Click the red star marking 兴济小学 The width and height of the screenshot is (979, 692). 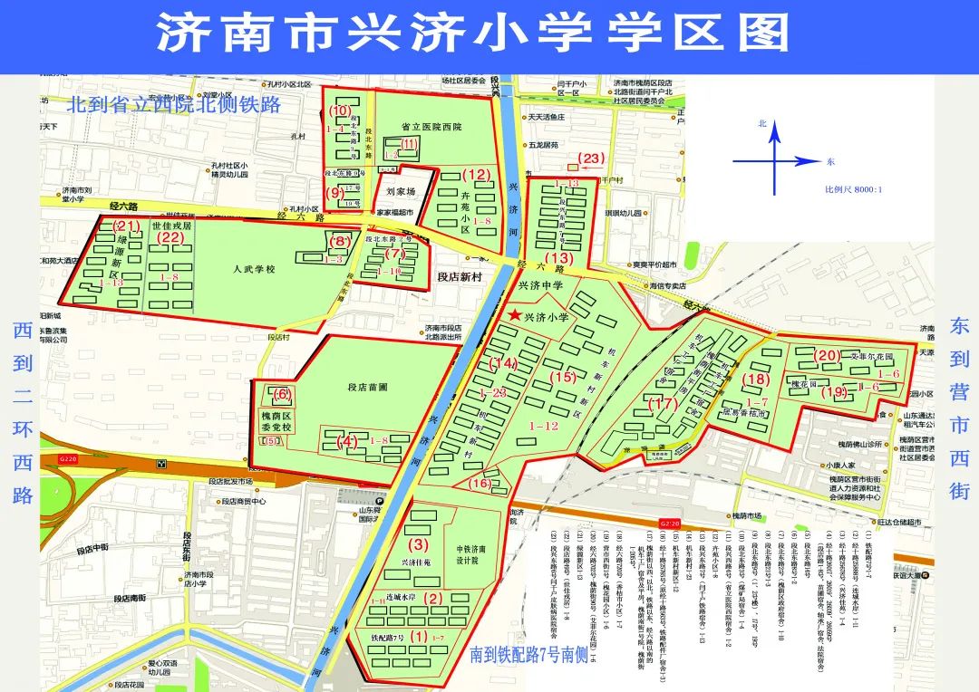pos(516,315)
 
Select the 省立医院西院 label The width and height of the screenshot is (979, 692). pos(431,128)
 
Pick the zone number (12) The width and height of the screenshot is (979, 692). pos(475,174)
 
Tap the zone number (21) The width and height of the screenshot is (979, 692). pos(125,226)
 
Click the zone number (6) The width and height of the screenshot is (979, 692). pos(283,393)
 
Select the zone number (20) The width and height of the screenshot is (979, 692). pos(828,355)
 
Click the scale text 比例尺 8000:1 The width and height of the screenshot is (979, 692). pos(853,190)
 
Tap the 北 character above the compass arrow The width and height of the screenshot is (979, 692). pos(762,123)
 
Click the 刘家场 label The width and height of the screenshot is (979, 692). pos(400,192)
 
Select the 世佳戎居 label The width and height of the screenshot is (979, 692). pos(171,226)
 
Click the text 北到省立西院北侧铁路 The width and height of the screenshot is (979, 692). pos(173,105)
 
